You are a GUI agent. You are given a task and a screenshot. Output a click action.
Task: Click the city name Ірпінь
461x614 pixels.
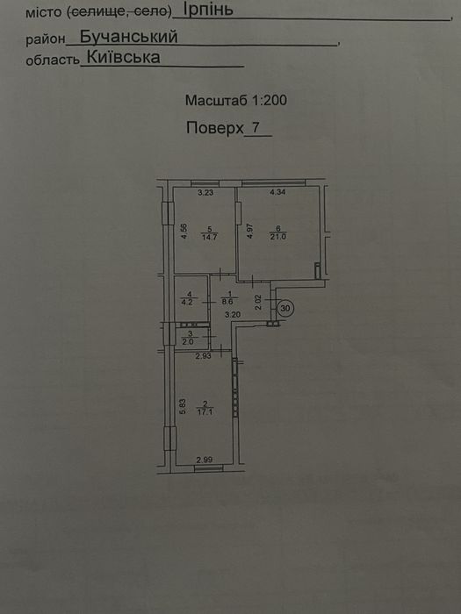[208, 10]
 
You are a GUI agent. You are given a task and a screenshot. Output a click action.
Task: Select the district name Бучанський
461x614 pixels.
[129, 37]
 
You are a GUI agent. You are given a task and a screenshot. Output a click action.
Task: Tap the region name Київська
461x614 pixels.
[124, 58]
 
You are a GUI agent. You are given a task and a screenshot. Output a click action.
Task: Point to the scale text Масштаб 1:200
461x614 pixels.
[236, 100]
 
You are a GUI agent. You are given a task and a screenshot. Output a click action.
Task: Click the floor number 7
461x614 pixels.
[256, 128]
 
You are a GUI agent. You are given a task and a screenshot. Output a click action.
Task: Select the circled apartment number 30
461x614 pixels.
[285, 309]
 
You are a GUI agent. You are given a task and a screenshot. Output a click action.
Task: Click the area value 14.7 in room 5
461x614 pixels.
[209, 237]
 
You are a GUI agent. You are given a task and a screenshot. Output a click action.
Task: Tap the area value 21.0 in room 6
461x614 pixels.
[277, 236]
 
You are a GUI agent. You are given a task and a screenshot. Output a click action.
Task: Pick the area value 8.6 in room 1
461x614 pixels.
[230, 302]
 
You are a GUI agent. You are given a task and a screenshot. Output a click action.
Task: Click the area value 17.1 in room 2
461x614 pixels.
[205, 412]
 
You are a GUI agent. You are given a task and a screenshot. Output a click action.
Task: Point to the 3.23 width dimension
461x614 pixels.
[205, 192]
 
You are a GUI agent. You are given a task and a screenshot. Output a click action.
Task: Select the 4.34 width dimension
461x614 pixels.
[277, 192]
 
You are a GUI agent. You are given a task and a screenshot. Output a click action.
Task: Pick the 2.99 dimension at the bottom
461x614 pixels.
[204, 460]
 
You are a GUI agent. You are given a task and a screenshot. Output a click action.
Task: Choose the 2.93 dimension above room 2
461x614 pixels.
[204, 356]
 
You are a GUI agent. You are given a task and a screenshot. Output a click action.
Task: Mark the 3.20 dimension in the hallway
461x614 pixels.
[233, 314]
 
